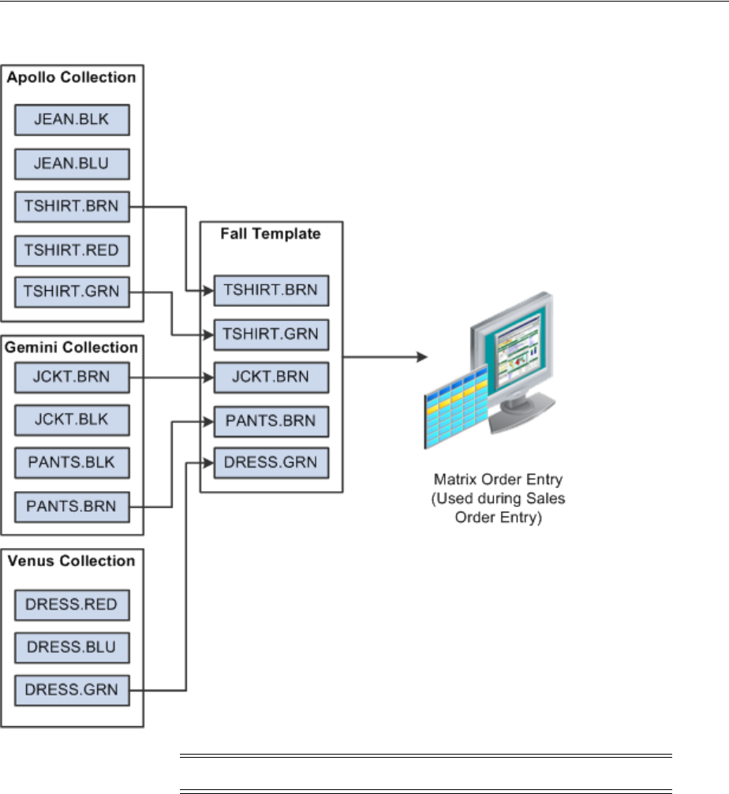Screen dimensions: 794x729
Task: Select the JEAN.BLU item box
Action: (72, 164)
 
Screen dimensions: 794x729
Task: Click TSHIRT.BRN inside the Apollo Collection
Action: (72, 207)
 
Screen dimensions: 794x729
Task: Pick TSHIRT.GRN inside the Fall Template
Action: (271, 334)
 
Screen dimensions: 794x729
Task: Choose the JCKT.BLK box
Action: (72, 419)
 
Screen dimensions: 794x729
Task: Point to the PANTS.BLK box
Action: (72, 462)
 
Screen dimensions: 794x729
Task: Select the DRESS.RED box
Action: (72, 604)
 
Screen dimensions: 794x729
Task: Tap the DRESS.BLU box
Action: (72, 647)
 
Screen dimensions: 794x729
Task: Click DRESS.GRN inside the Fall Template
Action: (271, 463)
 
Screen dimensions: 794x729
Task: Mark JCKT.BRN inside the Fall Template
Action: (271, 376)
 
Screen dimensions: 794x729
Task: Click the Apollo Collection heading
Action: (71, 78)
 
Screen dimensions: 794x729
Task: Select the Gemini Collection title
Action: (71, 348)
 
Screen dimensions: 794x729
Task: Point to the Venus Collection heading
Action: (71, 561)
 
